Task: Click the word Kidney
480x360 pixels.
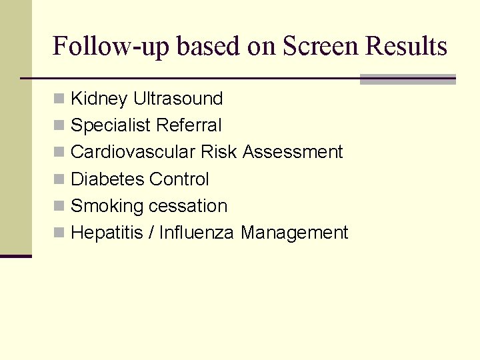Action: click(x=99, y=99)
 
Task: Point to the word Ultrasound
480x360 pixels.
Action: click(x=178, y=99)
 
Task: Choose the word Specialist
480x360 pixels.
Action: click(x=111, y=126)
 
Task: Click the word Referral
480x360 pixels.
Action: click(x=189, y=125)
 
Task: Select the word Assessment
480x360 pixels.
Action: click(x=293, y=152)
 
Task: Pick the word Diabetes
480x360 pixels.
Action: click(x=107, y=179)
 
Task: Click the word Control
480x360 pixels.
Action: click(x=179, y=179)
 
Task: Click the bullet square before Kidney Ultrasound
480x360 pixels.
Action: click(x=59, y=99)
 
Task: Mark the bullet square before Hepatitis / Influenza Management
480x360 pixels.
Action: click(x=59, y=233)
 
